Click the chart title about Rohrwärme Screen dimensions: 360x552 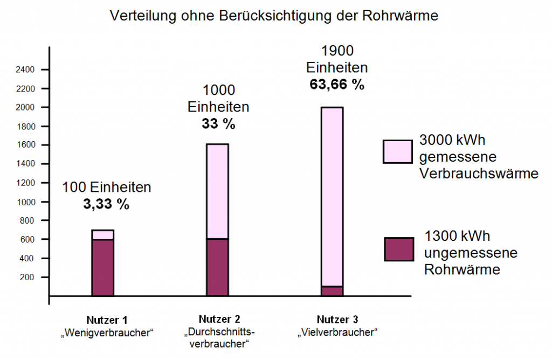coord(274,16)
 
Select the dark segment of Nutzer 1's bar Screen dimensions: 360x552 coord(102,267)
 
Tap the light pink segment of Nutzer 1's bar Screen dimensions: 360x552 coord(102,234)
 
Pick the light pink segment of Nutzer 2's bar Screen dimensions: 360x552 coord(217,191)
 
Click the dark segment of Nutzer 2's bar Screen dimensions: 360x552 coord(217,267)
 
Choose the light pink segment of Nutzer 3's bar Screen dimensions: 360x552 coord(332,197)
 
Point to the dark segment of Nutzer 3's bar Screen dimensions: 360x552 coord(332,291)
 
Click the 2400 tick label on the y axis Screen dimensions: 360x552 coord(25,70)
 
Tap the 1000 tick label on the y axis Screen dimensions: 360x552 coord(25,202)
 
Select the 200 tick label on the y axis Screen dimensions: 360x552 coord(27,277)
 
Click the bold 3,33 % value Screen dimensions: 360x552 coord(107,205)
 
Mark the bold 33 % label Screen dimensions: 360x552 coord(218,123)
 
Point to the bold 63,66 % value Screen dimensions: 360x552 coord(337,85)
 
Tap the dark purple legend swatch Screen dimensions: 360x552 coord(399,249)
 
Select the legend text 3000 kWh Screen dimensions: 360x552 coord(452,141)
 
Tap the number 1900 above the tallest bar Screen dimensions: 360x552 coord(337,52)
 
